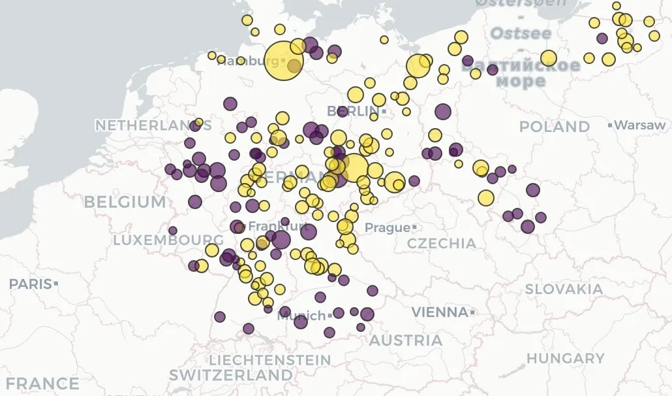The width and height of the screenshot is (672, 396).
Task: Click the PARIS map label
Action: pyautogui.click(x=30, y=284)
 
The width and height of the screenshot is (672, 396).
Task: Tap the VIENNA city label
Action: pyautogui.click(x=439, y=312)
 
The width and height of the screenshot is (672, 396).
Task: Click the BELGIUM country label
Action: pyautogui.click(x=125, y=202)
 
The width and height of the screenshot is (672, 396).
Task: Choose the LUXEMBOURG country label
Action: pyautogui.click(x=160, y=240)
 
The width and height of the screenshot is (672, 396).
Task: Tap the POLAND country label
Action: pyautogui.click(x=554, y=126)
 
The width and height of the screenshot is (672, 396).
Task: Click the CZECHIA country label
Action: pyautogui.click(x=442, y=244)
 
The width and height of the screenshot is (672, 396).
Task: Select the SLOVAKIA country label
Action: pyautogui.click(x=564, y=289)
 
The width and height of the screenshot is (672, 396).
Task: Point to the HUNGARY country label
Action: pyautogui.click(x=565, y=358)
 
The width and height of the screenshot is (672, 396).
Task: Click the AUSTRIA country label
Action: pyautogui.click(x=405, y=340)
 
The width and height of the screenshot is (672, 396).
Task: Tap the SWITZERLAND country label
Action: pyautogui.click(x=231, y=375)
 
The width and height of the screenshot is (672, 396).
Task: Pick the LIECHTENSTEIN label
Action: pyautogui.click(x=269, y=360)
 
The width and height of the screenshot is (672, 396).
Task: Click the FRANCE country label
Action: pyautogui.click(x=39, y=384)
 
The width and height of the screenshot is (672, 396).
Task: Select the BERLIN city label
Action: pyautogui.click(x=352, y=112)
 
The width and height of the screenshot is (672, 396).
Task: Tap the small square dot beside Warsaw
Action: pyautogui.click(x=609, y=125)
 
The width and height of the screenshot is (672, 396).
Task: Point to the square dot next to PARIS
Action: pyautogui.click(x=57, y=284)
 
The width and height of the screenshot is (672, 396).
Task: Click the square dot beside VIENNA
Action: pyautogui.click(x=472, y=312)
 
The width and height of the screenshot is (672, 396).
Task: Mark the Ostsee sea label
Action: pyautogui.click(x=521, y=33)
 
